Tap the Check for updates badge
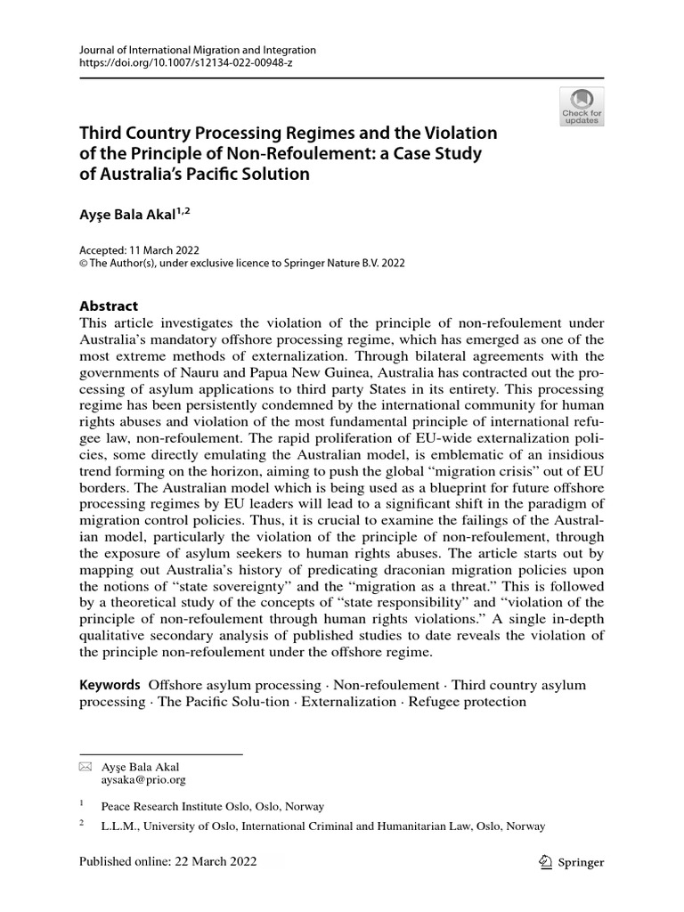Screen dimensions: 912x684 tap(581, 107)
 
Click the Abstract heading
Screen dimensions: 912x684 tap(109, 305)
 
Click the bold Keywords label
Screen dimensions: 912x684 tap(110, 684)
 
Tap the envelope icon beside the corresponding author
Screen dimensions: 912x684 tap(85, 767)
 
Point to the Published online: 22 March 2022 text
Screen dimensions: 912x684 tap(167, 862)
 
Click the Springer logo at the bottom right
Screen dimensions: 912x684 tap(573, 862)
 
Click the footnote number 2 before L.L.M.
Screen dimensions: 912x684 tap(82, 824)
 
